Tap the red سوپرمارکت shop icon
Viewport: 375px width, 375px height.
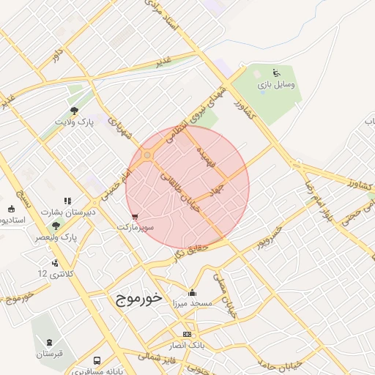[134, 217]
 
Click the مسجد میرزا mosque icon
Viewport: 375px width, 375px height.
[192, 292]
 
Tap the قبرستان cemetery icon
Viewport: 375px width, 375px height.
[49, 342]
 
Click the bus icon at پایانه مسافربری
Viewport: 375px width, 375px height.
[97, 361]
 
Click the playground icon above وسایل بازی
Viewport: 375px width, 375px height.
[275, 73]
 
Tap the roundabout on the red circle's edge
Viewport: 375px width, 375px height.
[148, 155]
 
